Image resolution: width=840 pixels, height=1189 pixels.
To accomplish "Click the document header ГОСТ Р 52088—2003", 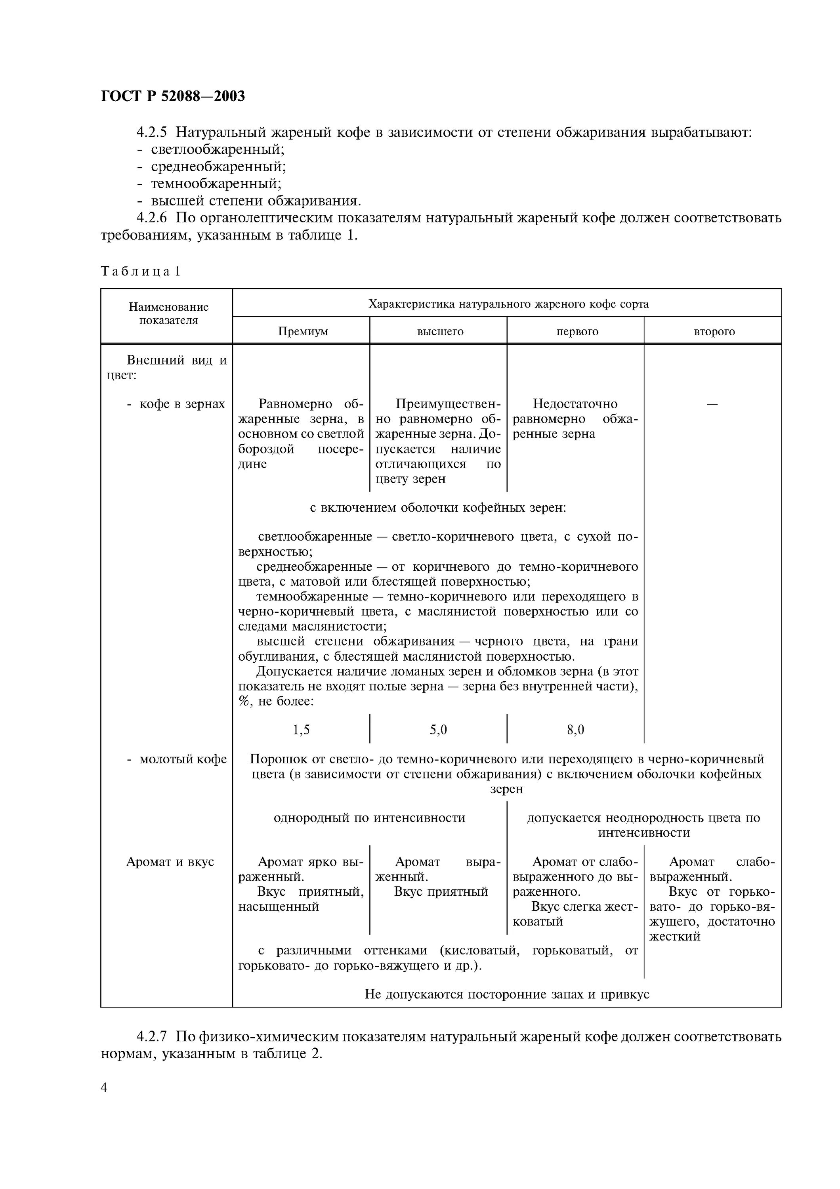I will (173, 96).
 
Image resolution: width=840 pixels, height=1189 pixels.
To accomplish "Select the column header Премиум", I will (303, 331).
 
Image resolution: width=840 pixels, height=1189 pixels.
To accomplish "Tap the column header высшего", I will (440, 331).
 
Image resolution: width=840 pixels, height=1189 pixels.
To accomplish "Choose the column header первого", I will (577, 331).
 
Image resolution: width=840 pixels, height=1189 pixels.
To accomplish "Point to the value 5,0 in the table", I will (438, 730).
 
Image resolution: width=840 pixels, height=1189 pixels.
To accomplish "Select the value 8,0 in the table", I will (576, 730).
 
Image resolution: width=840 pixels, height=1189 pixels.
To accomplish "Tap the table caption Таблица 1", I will (140, 271).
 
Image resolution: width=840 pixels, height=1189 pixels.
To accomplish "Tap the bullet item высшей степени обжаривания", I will (256, 201).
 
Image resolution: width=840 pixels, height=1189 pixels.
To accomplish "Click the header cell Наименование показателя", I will (168, 313).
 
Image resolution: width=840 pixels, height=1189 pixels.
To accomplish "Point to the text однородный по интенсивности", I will (370, 818).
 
